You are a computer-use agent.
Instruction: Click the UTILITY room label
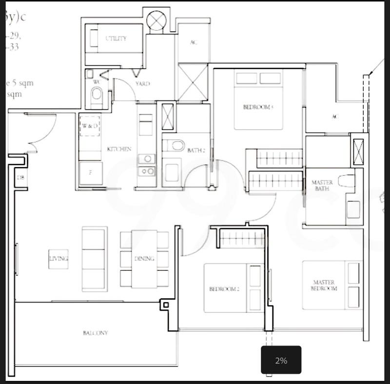[116, 38]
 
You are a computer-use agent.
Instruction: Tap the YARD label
[142, 84]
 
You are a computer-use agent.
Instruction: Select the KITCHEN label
[119, 149]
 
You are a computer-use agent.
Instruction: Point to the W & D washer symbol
[90, 125]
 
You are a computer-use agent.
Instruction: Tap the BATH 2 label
[196, 151]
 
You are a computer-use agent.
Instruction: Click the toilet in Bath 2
[174, 145]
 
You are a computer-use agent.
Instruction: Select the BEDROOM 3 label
[258, 107]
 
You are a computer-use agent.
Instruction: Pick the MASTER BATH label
[322, 186]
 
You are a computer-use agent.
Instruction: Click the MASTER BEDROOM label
[325, 286]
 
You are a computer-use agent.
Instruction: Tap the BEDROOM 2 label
[224, 289]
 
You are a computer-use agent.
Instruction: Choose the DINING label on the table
[144, 259]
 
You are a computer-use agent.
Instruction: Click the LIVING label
[58, 259]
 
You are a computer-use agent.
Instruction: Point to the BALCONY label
[95, 333]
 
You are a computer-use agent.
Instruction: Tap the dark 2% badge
[281, 361]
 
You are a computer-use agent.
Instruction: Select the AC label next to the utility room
[193, 42]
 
